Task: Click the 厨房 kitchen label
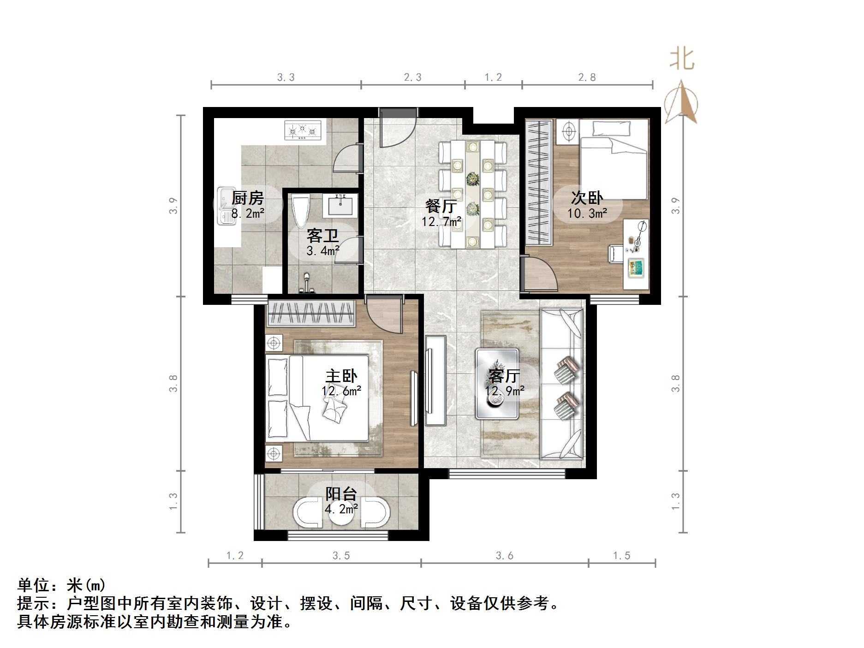coord(248,198)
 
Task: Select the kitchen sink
coord(226,206)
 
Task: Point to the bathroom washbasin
coord(342,205)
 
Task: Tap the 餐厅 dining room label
coord(441,206)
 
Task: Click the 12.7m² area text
coord(441,222)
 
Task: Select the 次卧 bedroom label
coord(587,198)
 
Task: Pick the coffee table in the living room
coord(497,384)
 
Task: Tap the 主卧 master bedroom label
coord(341,376)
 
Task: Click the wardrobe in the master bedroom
coord(310,313)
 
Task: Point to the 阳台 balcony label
coord(341,494)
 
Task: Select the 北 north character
coord(682,59)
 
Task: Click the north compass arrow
coord(681,104)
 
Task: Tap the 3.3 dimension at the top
coord(286,77)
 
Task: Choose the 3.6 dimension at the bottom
coord(505,556)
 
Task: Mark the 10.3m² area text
coord(587,213)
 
